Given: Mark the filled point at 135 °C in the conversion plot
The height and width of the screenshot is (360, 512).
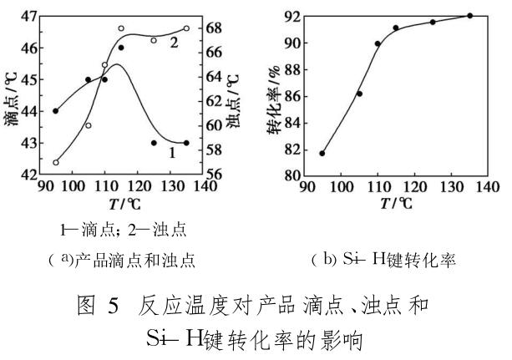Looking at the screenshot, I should (x=469, y=16).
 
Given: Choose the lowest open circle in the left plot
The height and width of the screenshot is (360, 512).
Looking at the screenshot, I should (x=56, y=162).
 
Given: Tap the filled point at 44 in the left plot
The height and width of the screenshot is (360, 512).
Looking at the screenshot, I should (x=56, y=111).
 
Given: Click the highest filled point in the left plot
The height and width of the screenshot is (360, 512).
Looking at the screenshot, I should (x=121, y=48).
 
